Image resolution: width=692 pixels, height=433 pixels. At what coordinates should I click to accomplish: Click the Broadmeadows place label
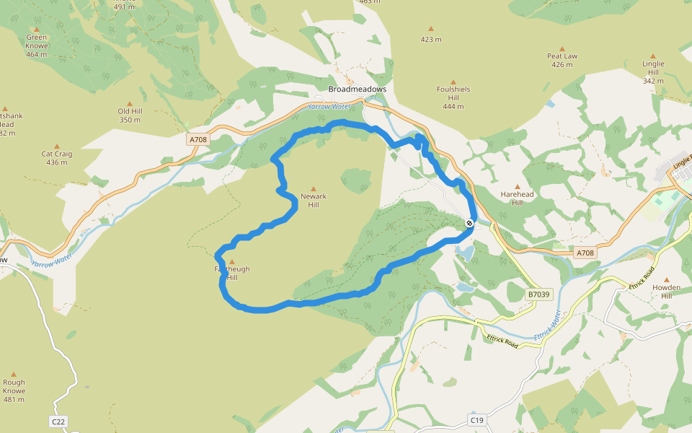[x=357, y=89]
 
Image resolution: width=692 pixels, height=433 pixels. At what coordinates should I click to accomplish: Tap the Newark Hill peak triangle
[x=313, y=188]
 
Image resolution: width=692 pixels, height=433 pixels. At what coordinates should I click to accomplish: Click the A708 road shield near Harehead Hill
[x=585, y=253]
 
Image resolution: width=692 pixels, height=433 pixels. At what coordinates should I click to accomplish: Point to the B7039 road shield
[x=538, y=294]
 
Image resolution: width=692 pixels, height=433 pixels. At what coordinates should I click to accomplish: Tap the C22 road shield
[x=59, y=421]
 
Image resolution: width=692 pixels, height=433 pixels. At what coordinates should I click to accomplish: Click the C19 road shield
[x=476, y=419]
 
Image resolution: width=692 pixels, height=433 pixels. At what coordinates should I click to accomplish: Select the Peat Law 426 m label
[x=562, y=60]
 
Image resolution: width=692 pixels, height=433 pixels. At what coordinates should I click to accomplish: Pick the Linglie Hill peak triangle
[x=653, y=55]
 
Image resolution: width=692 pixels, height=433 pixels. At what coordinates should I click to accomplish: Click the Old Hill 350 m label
[x=130, y=115]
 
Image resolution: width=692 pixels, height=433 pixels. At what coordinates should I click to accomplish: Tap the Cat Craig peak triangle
[x=57, y=146]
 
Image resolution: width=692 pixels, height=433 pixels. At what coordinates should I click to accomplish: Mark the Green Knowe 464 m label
[x=36, y=45]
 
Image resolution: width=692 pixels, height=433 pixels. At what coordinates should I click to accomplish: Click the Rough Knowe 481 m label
[x=14, y=391]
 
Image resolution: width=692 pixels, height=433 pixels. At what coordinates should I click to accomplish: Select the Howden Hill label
[x=666, y=291]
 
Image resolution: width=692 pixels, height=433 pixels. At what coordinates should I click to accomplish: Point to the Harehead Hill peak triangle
[x=517, y=187]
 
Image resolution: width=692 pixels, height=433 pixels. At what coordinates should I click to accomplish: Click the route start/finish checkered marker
[x=469, y=223]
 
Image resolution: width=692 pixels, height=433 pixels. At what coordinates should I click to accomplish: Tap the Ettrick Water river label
[x=546, y=326]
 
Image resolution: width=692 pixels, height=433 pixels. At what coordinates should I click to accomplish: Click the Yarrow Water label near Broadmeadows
[x=329, y=106]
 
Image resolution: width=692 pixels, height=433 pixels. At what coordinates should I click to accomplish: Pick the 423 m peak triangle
[x=431, y=30]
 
